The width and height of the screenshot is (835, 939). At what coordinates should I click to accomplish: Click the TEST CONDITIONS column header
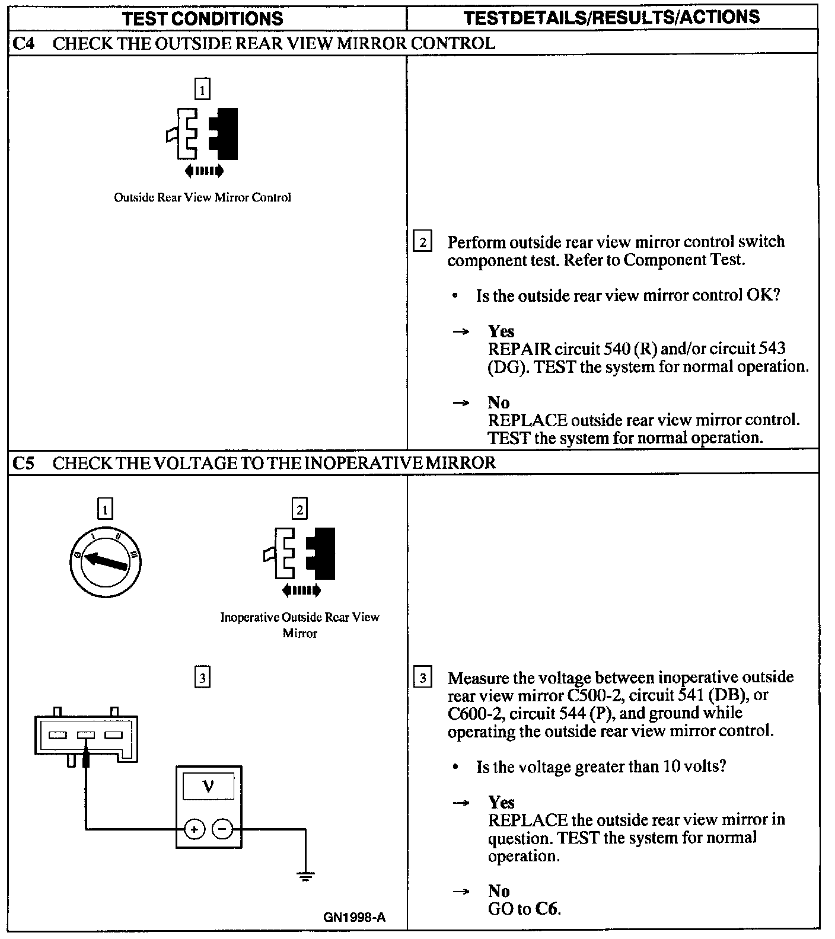click(203, 18)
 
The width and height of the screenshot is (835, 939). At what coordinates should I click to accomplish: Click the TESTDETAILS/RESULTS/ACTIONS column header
click(611, 17)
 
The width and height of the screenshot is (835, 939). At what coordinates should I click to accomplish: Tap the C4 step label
click(23, 43)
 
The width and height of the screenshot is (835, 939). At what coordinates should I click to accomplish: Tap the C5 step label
click(23, 463)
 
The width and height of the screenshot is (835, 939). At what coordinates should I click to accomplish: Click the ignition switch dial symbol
click(105, 561)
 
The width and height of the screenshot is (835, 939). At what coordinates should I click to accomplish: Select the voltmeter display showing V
click(208, 787)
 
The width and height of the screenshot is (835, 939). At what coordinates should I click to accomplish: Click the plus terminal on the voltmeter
click(195, 829)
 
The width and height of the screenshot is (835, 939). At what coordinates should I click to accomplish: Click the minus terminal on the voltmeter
click(222, 829)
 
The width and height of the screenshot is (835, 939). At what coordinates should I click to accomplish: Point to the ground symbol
click(305, 876)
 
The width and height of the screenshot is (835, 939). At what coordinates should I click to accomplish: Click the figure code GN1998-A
click(354, 917)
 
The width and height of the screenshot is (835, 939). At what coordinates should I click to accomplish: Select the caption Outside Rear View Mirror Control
click(202, 197)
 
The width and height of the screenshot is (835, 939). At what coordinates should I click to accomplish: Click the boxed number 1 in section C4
click(203, 90)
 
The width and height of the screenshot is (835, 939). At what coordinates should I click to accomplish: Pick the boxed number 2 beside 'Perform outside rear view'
click(422, 242)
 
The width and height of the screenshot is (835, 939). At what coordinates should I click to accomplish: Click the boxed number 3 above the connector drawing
click(203, 677)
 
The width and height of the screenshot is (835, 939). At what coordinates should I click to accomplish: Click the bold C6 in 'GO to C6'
click(547, 908)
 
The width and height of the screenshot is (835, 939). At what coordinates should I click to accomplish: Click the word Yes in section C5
click(501, 802)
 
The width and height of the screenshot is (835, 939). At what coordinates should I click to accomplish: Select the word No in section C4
click(499, 403)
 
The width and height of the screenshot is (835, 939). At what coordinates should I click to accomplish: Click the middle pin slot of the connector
click(86, 736)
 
